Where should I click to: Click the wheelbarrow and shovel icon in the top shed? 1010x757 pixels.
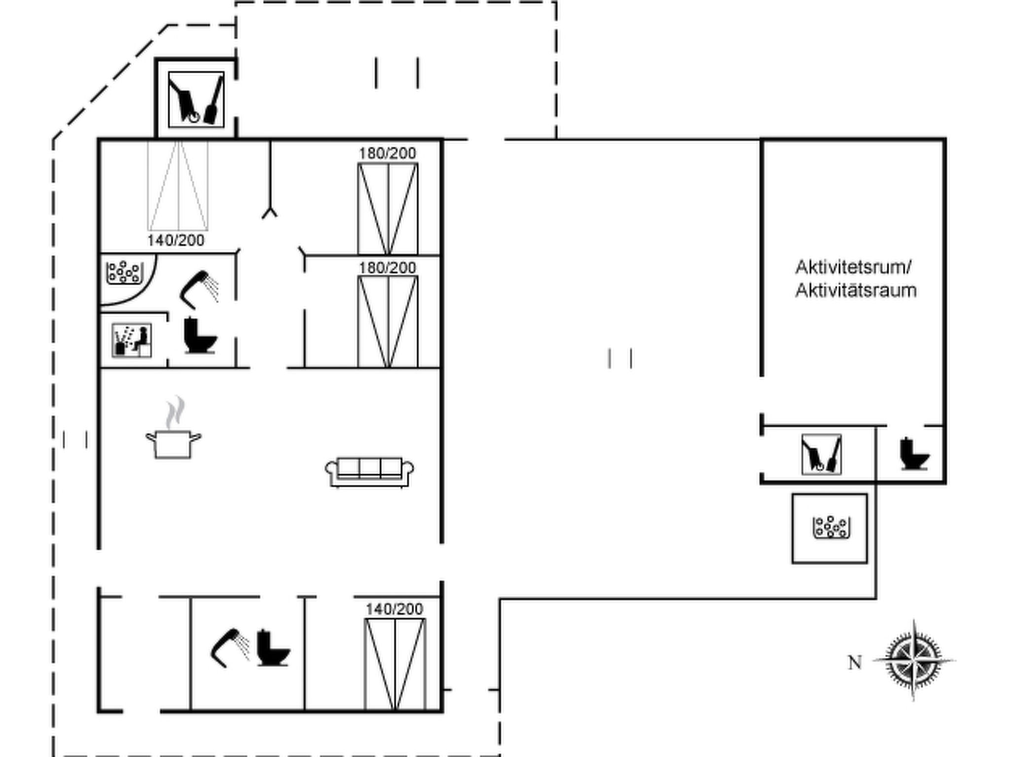tap(196, 100)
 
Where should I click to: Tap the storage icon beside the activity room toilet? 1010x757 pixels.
tap(821, 454)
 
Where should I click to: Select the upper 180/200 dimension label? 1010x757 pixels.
tap(387, 153)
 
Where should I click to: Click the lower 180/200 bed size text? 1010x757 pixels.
tap(387, 268)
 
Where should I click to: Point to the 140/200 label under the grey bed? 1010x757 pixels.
tap(176, 241)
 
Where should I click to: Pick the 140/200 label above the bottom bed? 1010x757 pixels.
tap(394, 609)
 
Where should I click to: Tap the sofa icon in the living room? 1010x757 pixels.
tap(369, 472)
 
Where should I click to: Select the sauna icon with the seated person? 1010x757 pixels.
tap(132, 340)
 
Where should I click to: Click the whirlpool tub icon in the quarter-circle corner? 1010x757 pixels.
tap(125, 273)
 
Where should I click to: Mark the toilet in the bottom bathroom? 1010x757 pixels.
tap(273, 649)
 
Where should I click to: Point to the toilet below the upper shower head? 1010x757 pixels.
tap(200, 336)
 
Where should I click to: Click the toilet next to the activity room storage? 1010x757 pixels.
tap(914, 454)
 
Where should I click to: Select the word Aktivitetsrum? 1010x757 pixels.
tap(853, 268)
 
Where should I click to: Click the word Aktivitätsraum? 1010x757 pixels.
tap(856, 291)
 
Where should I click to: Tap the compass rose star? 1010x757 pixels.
tap(914, 660)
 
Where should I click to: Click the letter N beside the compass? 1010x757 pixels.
tap(855, 663)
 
